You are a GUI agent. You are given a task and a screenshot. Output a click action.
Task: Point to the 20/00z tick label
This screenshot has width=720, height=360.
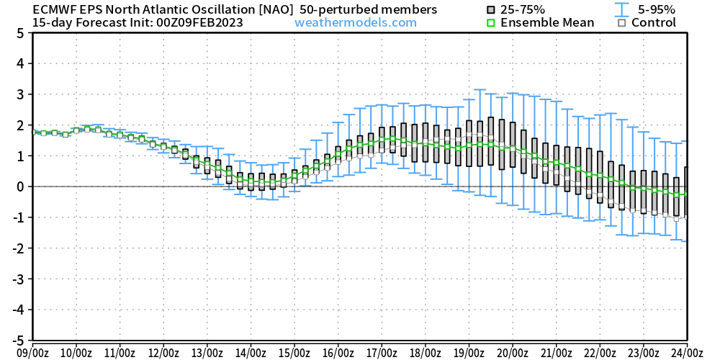point(512,352)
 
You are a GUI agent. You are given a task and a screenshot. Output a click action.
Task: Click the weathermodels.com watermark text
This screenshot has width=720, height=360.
point(356,22)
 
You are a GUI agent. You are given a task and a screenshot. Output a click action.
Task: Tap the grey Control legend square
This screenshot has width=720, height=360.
point(621,23)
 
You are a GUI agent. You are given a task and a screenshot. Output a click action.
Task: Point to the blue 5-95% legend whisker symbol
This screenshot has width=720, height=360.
point(618,10)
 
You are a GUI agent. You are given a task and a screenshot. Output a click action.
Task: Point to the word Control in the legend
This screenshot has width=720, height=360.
point(654,22)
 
